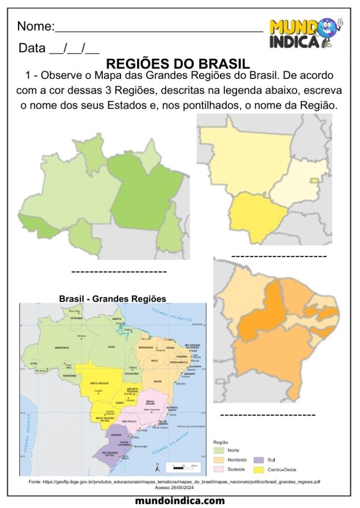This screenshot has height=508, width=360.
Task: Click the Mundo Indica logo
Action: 305,33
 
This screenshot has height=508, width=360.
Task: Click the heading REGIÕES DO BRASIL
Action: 178,64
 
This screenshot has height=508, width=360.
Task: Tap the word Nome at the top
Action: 35,26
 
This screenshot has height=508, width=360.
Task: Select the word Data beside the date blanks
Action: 31,49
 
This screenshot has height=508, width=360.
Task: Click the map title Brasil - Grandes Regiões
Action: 112,299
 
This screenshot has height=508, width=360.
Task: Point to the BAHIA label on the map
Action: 158,381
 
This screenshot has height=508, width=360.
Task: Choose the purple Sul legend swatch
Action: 259,460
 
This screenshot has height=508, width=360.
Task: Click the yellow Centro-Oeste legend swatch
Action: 259,469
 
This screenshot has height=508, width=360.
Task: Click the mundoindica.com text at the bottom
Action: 180,501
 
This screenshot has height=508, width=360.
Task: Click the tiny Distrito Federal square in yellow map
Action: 314,180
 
